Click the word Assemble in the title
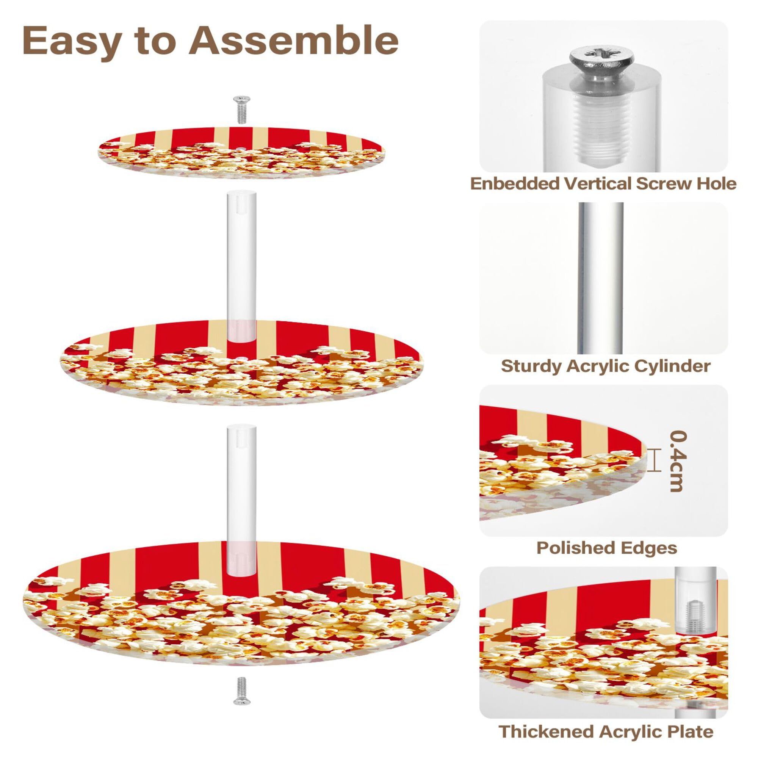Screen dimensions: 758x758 click(293, 41)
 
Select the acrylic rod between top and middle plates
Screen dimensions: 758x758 click(241, 267)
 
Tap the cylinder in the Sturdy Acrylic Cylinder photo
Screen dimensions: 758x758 click(601, 279)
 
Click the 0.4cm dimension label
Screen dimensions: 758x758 click(678, 461)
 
